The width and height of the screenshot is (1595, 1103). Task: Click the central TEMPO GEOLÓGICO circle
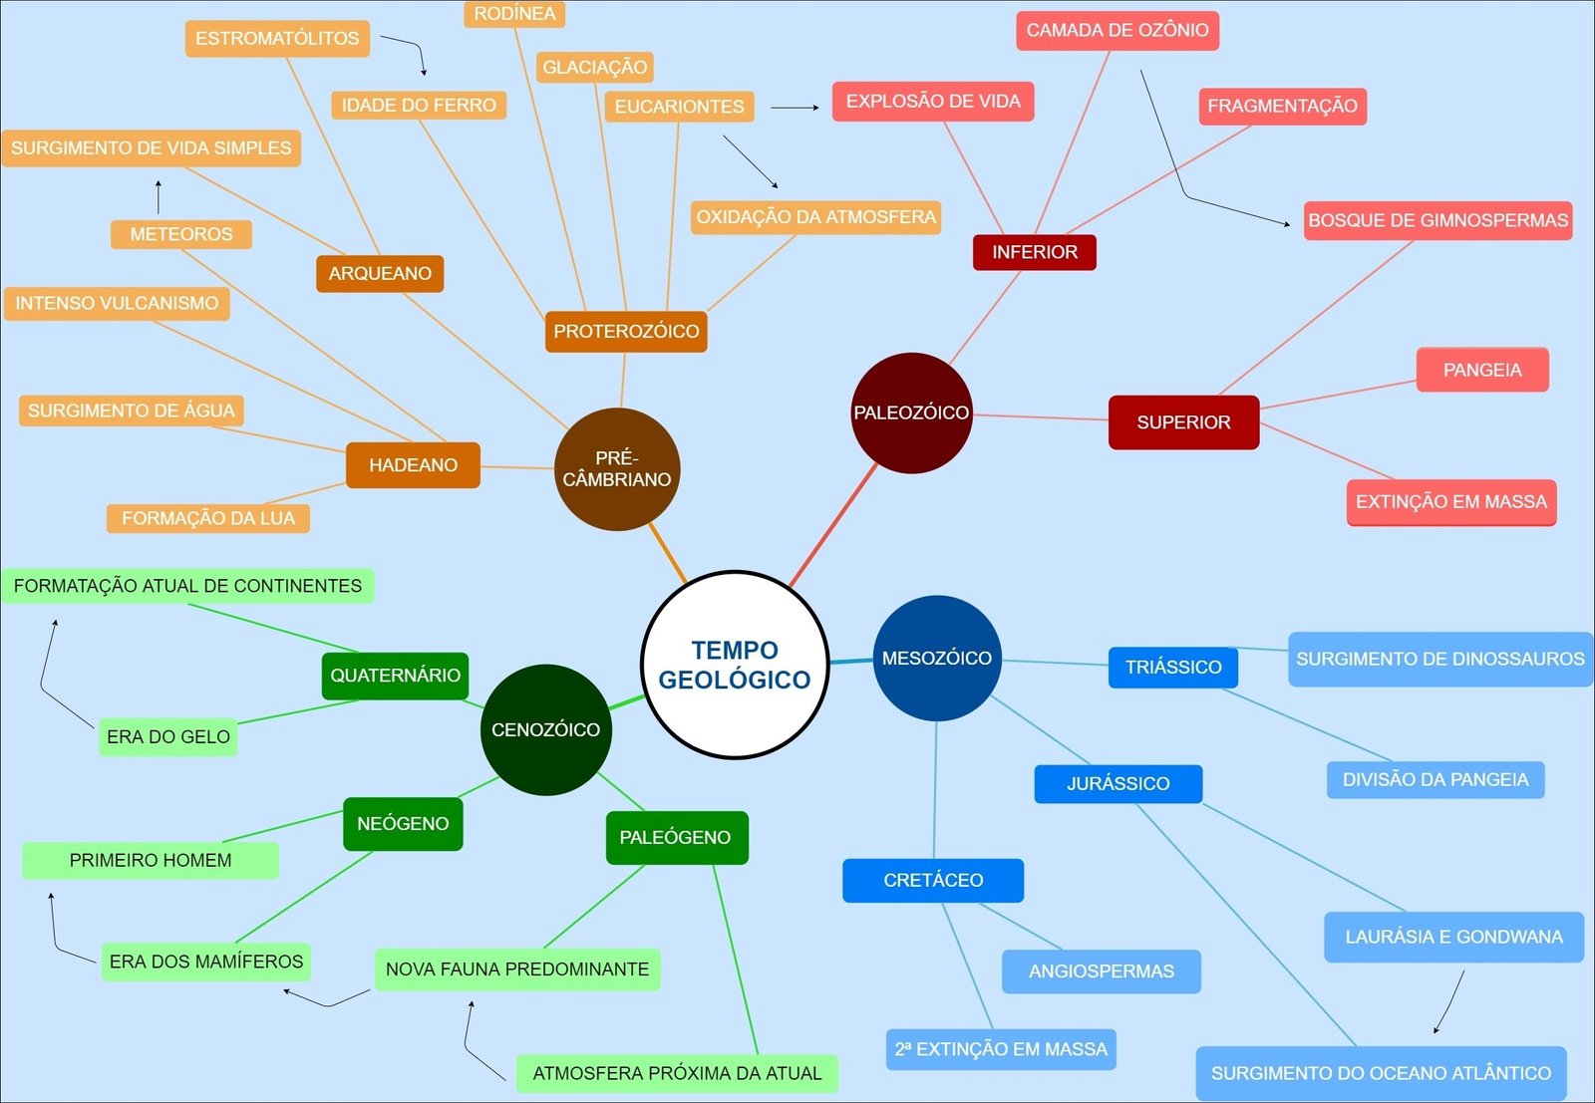coord(735,665)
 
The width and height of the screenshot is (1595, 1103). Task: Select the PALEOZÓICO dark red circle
coord(911,413)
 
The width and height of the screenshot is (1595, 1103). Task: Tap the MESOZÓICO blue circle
coord(936,658)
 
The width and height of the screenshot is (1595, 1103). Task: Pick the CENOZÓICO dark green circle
coord(545,729)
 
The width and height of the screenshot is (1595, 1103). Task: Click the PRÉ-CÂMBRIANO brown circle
coord(617,468)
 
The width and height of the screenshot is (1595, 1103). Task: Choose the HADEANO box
coord(413,465)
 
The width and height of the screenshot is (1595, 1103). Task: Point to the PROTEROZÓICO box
coord(626,331)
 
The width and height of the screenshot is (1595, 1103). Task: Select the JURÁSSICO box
coord(1117,783)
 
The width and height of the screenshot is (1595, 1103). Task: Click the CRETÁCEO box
coord(932,880)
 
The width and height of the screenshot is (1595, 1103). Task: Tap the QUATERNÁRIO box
coord(395,676)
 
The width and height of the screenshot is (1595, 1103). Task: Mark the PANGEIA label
coord(1482,370)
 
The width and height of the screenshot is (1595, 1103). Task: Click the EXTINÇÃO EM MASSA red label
coord(1450,502)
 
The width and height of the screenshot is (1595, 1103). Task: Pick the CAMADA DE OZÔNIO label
coord(1117,30)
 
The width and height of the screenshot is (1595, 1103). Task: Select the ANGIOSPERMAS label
coord(1101,971)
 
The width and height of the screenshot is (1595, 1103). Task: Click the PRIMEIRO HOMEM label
coord(150,860)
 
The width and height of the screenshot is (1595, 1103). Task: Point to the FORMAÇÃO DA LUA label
coord(208,518)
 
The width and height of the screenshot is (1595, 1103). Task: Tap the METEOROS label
coord(180,234)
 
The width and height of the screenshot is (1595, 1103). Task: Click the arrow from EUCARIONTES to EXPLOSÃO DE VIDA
coord(795,107)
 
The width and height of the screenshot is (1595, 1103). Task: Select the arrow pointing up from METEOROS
coord(158,197)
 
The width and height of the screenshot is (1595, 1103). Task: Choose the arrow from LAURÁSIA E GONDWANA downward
coord(1450,1002)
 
